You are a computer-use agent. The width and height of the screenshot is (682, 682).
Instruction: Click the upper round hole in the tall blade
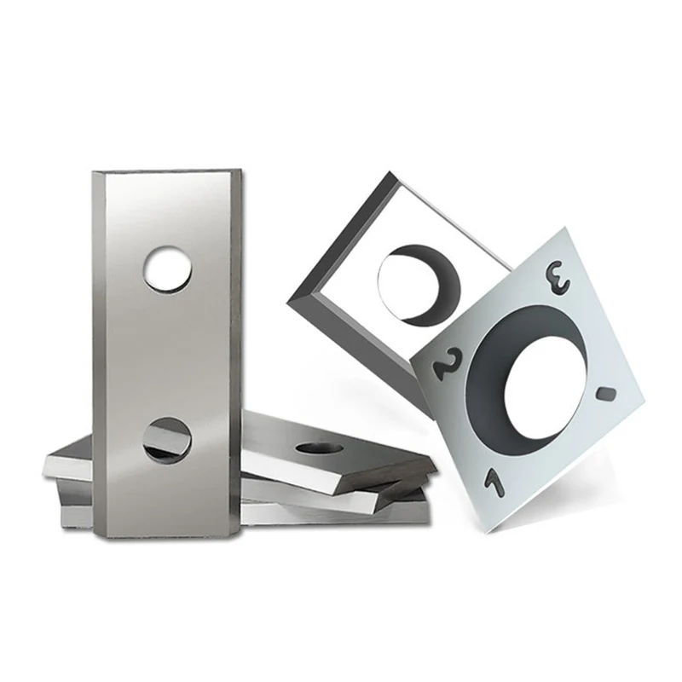click(x=167, y=269)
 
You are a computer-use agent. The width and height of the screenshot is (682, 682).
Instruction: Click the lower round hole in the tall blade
click(x=167, y=440)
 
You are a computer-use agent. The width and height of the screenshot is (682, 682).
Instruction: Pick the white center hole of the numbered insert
click(x=545, y=384)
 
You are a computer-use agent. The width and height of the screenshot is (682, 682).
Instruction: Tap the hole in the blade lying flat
click(x=321, y=447)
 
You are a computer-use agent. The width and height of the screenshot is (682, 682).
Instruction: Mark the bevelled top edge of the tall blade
click(x=167, y=175)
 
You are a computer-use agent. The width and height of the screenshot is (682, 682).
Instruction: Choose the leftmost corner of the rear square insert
click(x=290, y=298)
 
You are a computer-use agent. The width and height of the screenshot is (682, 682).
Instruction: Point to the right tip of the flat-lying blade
click(x=431, y=465)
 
